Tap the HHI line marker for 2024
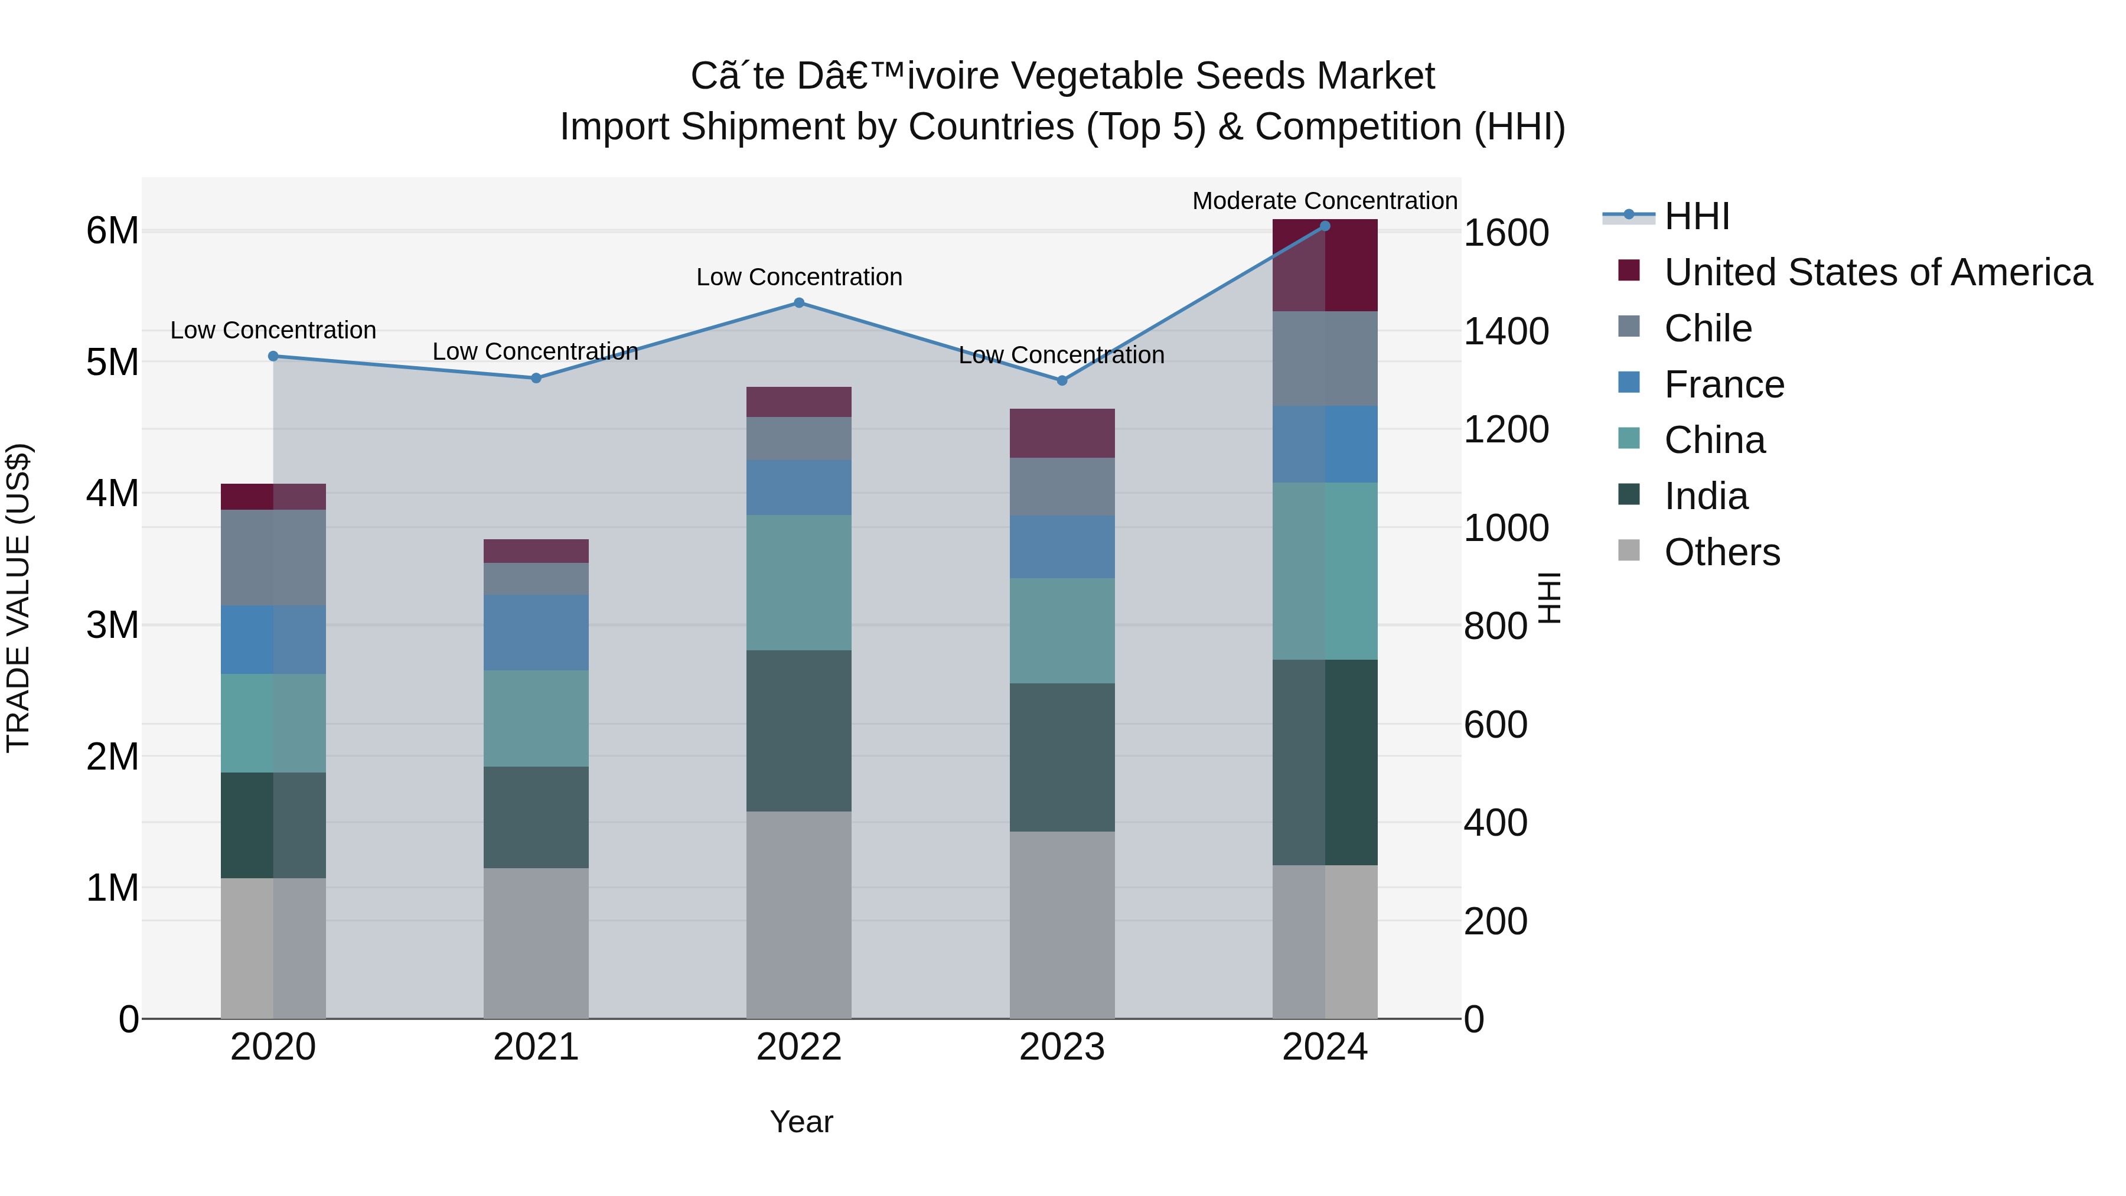click(1325, 226)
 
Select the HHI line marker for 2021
click(536, 378)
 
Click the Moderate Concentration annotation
click(1324, 201)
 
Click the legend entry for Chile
click(1707, 328)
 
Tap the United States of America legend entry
click(1877, 272)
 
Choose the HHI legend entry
click(1696, 216)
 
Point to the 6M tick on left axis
click(112, 231)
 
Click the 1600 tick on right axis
click(1505, 233)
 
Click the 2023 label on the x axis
click(1061, 1047)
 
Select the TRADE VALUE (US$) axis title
click(19, 598)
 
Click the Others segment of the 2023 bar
click(1061, 924)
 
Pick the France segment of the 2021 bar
click(536, 632)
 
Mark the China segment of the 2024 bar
click(1325, 571)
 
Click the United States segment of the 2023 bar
click(1061, 434)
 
